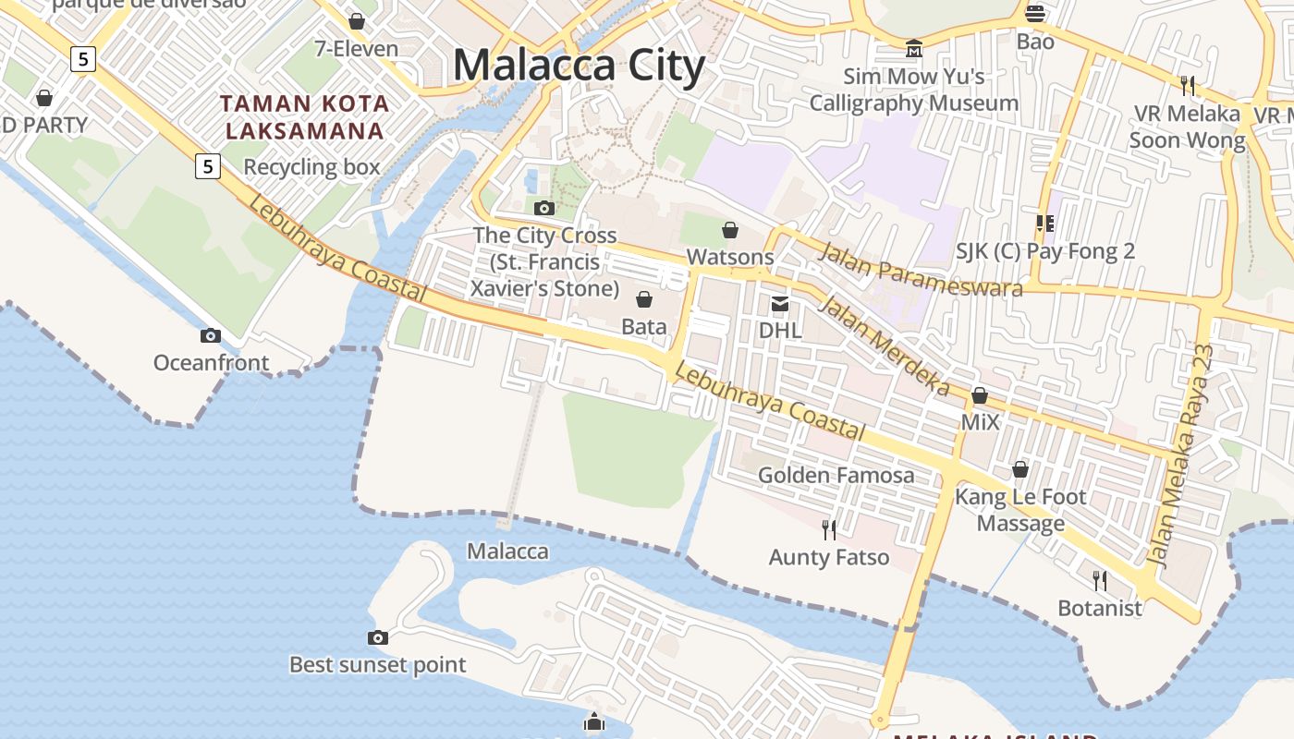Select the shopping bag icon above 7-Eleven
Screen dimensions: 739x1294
[x=357, y=21]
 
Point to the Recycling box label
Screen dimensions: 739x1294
[x=311, y=167]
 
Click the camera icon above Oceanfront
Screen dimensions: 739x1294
[x=211, y=335]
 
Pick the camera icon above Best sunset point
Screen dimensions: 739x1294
[x=377, y=637]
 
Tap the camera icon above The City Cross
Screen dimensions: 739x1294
[x=544, y=208]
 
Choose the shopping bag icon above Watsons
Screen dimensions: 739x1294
[x=730, y=229]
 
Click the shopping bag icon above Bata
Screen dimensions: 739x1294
[x=644, y=299]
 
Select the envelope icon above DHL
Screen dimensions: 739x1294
[x=780, y=303]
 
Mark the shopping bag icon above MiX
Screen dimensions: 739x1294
[x=980, y=396]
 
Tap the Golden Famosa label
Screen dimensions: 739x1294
[x=836, y=476]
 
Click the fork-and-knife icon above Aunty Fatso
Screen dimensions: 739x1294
[x=829, y=529]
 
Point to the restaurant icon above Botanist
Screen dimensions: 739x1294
[x=1100, y=580]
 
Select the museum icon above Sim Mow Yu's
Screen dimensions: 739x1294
[x=914, y=48]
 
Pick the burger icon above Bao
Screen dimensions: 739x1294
[x=1035, y=14]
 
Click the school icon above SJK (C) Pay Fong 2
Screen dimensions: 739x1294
[x=1045, y=223]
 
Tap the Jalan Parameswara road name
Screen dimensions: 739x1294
[x=921, y=271]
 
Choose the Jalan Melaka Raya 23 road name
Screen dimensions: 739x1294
[x=1178, y=455]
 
